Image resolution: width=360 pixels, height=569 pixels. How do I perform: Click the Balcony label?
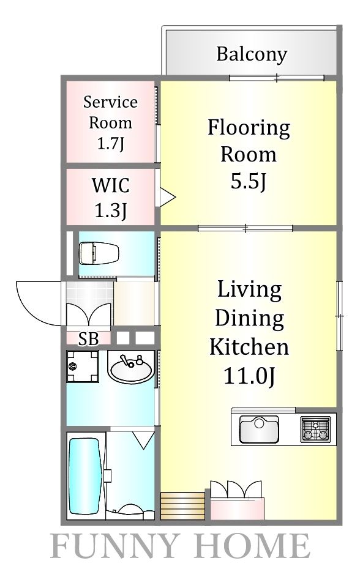[x=252, y=54]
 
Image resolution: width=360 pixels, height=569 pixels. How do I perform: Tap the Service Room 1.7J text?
[x=110, y=122]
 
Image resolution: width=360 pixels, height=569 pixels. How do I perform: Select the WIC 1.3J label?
[x=110, y=198]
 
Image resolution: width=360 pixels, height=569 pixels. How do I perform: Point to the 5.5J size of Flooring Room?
[x=249, y=181]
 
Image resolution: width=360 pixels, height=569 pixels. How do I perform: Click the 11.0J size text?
[x=249, y=376]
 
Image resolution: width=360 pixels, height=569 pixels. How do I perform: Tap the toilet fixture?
[x=99, y=253]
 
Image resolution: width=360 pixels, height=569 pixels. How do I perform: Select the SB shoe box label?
[x=88, y=338]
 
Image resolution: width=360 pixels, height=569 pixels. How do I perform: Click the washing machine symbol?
[x=83, y=366]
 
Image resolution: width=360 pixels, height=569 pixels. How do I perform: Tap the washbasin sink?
[x=131, y=367]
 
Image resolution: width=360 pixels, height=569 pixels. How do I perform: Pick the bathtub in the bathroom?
[x=84, y=477]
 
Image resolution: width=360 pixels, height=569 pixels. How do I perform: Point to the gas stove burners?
[x=315, y=430]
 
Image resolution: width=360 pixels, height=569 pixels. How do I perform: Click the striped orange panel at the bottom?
[x=182, y=506]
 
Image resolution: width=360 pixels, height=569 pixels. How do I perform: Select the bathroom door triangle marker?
[x=143, y=439]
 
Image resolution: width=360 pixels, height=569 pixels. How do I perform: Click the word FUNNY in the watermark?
[x=113, y=546]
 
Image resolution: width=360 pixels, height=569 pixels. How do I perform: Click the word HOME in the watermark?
[x=253, y=546]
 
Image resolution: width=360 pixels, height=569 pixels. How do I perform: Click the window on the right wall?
[x=340, y=316]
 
